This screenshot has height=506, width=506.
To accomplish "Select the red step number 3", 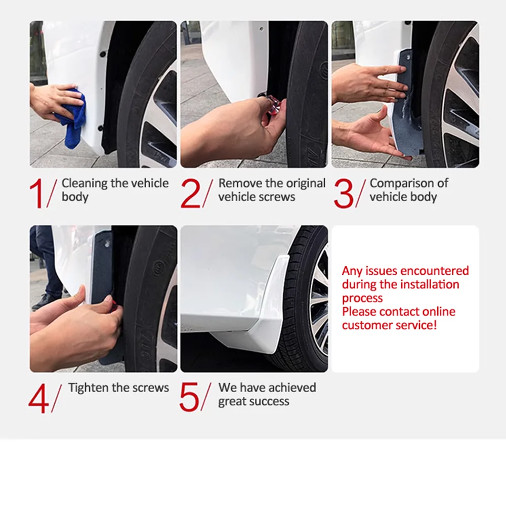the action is point(344,193).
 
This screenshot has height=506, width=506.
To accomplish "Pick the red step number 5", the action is point(189,398).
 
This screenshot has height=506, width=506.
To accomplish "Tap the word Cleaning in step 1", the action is point(85,184).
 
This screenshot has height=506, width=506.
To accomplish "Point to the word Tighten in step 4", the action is point(88,388).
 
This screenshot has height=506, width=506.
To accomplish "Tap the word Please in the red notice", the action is point(359,312).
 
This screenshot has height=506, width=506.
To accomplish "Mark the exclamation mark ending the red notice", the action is point(435,325).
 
